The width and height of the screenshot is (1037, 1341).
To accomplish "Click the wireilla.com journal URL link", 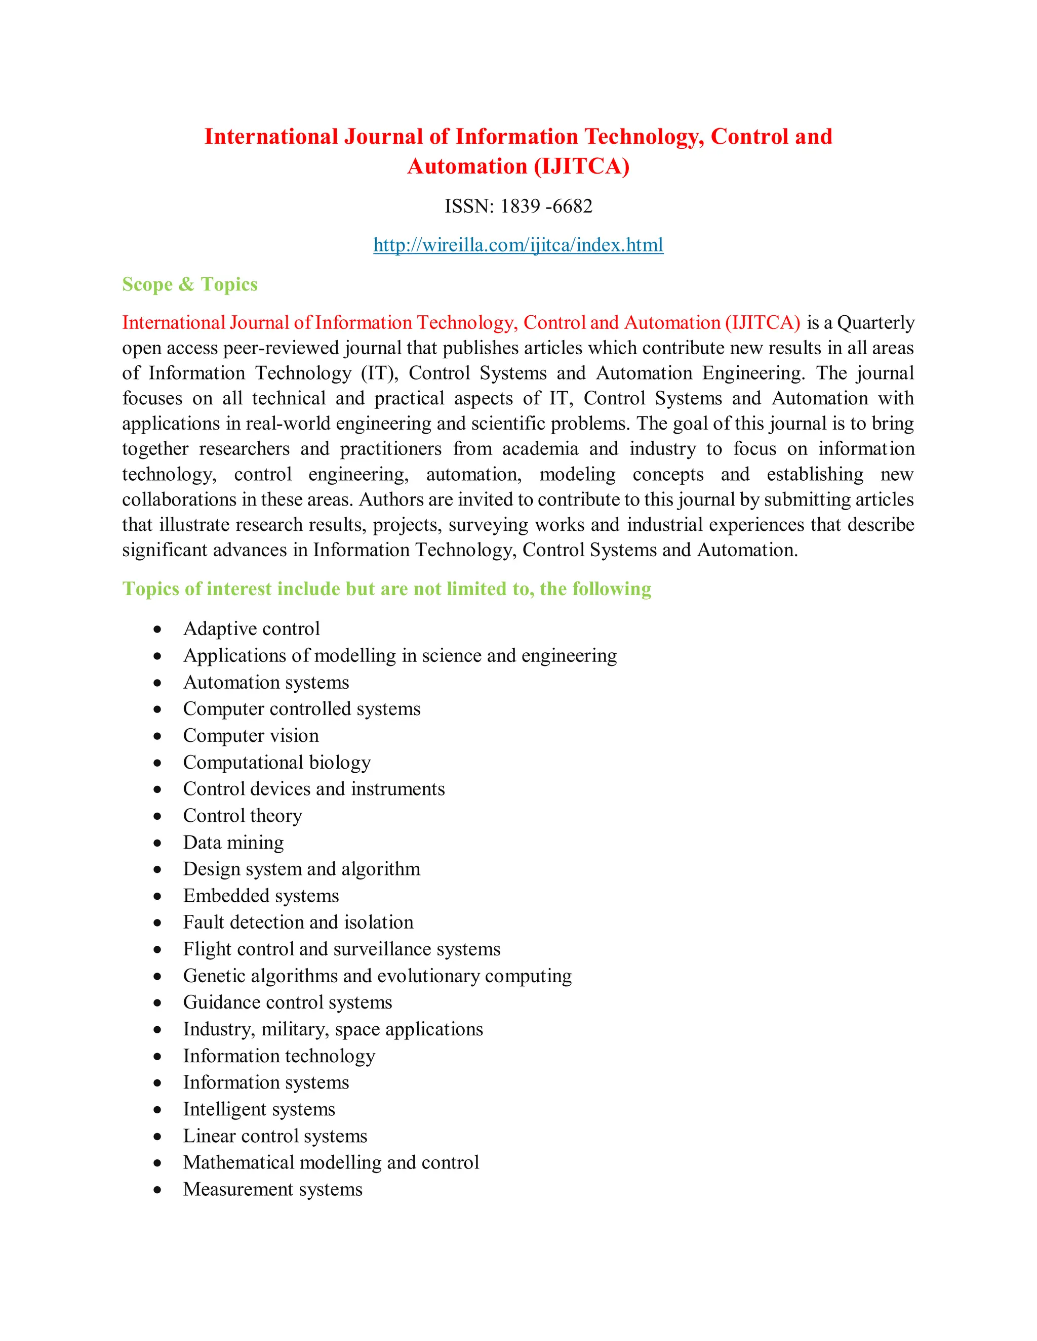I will point(518,245).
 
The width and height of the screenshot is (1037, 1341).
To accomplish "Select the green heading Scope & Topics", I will point(190,284).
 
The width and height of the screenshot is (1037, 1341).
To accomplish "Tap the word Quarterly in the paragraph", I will point(875,322).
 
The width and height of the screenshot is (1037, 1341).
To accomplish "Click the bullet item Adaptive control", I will point(251,628).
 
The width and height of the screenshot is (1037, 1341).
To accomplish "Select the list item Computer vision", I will point(251,736).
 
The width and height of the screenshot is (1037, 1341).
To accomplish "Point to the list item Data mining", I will point(233,843).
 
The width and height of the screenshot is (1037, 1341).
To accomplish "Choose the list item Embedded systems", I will point(260,896).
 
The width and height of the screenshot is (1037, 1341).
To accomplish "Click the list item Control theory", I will point(243,816).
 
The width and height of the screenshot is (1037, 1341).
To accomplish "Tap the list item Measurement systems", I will point(273,1189).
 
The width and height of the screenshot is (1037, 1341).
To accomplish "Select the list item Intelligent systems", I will point(259,1110).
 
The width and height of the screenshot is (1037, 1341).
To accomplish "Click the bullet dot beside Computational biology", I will point(158,763).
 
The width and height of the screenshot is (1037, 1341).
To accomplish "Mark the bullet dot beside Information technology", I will point(158,1057).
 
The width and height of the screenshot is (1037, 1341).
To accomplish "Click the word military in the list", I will point(294,1030).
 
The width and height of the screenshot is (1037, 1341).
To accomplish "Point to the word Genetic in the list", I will point(214,976).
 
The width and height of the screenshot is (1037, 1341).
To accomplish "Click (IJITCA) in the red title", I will point(582,167).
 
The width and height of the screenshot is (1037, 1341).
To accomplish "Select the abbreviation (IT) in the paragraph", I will point(379,373).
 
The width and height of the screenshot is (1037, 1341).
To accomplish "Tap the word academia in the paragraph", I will point(540,449).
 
